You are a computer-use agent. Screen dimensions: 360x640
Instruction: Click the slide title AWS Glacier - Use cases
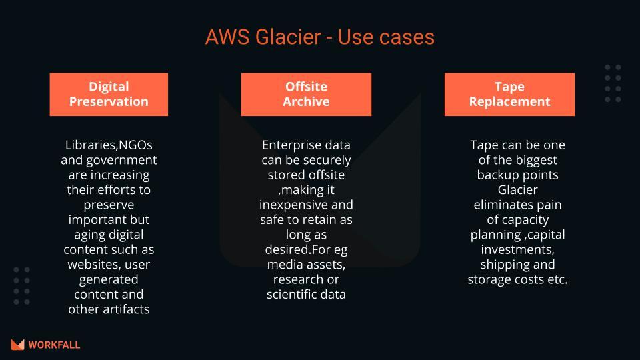coord(320,37)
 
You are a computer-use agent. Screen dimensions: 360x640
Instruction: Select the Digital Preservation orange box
coord(109,94)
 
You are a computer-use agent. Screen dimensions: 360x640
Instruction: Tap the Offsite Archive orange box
coord(306,94)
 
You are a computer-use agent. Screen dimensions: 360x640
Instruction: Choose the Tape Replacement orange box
coord(509,94)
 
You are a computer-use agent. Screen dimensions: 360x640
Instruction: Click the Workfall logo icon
coord(17,345)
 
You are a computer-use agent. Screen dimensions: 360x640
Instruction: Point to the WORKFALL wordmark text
coord(55,345)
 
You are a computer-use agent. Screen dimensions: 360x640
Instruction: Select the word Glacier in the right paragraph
coord(517,189)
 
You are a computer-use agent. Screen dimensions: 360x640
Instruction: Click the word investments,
coord(517,249)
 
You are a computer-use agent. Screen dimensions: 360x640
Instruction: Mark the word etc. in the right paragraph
coord(556,279)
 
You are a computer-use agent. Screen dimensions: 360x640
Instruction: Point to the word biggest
coord(534,159)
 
